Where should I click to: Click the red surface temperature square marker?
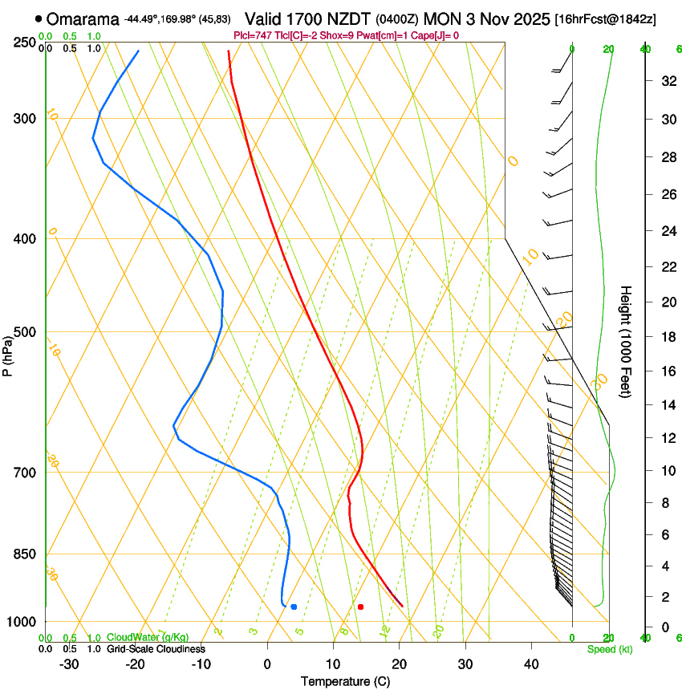(360, 607)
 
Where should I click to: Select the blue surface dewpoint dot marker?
(294, 607)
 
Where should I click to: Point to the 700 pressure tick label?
(24, 473)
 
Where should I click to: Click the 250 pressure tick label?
(24, 43)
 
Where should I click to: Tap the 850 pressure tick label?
(24, 554)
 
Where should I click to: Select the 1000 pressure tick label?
(21, 622)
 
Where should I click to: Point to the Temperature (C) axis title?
(344, 681)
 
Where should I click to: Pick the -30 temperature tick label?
(69, 664)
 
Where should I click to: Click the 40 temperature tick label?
(531, 664)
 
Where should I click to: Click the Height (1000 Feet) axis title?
(626, 342)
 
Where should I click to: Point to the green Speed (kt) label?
(609, 649)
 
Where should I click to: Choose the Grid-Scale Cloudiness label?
(156, 649)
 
